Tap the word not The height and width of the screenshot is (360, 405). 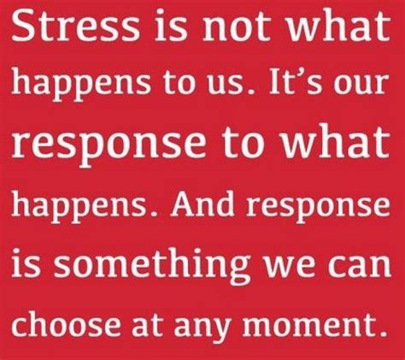[x=236, y=27]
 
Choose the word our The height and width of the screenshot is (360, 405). [x=361, y=84]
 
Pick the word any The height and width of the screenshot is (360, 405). [x=202, y=327]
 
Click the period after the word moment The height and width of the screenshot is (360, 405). [x=383, y=331]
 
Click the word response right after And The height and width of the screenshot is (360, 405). [x=318, y=206]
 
